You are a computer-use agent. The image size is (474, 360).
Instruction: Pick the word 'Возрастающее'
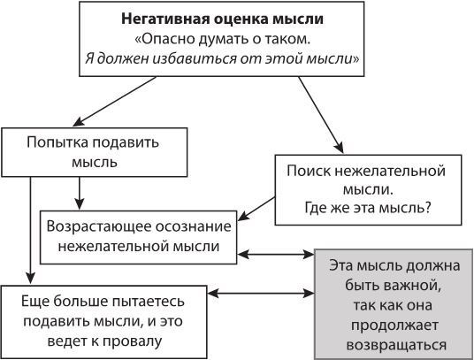click(101, 227)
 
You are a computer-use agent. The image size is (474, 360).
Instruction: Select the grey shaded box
click(393, 303)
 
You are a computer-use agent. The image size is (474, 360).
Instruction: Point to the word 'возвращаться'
click(393, 345)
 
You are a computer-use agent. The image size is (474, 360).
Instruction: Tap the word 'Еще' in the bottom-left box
click(33, 299)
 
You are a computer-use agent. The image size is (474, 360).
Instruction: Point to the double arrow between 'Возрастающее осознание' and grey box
click(276, 255)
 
